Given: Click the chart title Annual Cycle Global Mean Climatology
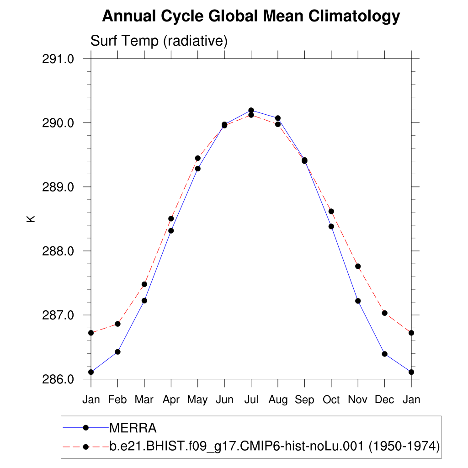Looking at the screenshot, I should tap(251, 16).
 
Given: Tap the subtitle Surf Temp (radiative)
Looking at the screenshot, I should tap(159, 41).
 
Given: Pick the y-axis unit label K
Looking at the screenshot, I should tap(31, 219).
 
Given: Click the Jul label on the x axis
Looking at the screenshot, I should tap(251, 400).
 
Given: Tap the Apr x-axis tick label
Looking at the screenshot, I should tap(171, 400).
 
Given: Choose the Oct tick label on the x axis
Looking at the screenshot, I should tap(331, 400).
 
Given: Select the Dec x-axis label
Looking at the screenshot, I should tap(384, 400).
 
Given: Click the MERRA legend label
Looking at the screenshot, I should tap(133, 428).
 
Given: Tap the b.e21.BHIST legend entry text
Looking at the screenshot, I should tap(274, 447).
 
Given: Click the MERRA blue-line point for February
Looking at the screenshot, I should tap(117, 351).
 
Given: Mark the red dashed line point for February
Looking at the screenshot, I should tap(117, 324).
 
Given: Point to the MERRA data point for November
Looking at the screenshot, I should tap(358, 301).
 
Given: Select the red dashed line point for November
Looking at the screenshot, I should tap(358, 266).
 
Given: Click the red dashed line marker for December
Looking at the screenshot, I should tap(384, 313).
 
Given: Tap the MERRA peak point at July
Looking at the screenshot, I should tap(251, 110).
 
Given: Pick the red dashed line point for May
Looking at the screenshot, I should tap(197, 158).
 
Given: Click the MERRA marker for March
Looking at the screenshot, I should tap(144, 300).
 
